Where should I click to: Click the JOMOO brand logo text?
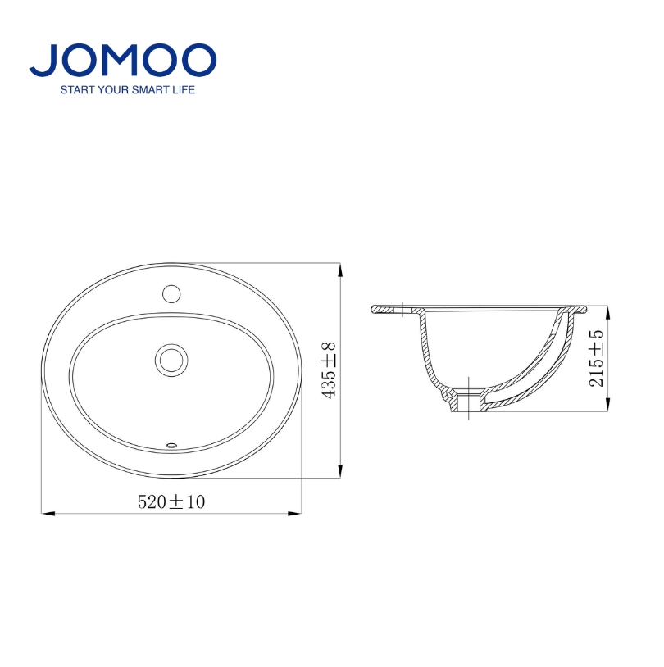pyautogui.click(x=123, y=60)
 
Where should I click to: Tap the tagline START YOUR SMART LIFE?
pyautogui.click(x=128, y=90)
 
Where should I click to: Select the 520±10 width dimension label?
pyautogui.click(x=171, y=502)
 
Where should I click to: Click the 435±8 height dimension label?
pyautogui.click(x=329, y=370)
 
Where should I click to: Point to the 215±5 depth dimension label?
pyautogui.click(x=596, y=358)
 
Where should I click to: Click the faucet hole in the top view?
pyautogui.click(x=171, y=294)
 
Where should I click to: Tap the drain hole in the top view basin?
pyautogui.click(x=171, y=361)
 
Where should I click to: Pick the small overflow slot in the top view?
pyautogui.click(x=171, y=446)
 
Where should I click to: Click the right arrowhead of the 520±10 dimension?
pyautogui.click(x=295, y=514)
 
